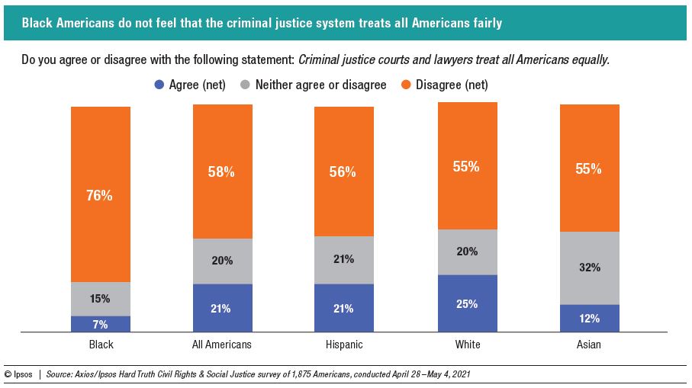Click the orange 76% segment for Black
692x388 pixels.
click(101, 194)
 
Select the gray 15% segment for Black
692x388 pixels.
click(101, 299)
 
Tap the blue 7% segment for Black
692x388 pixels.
click(101, 324)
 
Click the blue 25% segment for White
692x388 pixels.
click(467, 303)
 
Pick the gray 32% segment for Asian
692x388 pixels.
click(589, 268)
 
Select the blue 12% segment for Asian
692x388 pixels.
click(589, 318)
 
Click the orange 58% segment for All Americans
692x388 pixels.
click(222, 172)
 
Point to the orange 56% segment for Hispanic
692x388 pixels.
click(344, 172)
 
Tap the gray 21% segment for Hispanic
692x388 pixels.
click(344, 260)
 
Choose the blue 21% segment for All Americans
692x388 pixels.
click(222, 308)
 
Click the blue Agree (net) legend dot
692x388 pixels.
click(159, 85)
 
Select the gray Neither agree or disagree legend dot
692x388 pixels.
click(246, 85)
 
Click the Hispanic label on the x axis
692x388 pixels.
click(344, 345)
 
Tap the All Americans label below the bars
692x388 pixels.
click(222, 345)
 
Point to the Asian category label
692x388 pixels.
click(589, 345)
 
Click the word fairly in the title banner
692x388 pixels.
click(485, 24)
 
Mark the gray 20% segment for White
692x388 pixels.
click(467, 252)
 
